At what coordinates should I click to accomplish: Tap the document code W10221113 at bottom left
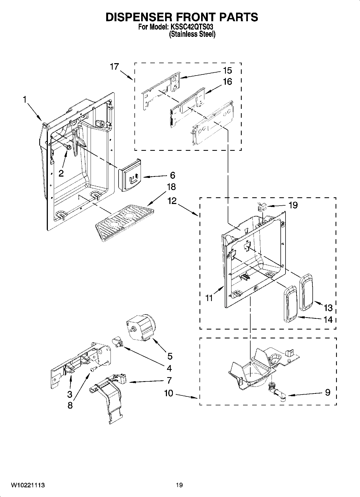tap(28, 485)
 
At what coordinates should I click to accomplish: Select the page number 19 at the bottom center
tap(179, 485)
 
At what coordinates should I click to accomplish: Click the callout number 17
tap(114, 66)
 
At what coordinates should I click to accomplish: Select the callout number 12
tap(172, 201)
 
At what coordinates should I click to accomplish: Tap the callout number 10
tap(169, 393)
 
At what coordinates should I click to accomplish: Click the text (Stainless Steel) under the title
tap(192, 34)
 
